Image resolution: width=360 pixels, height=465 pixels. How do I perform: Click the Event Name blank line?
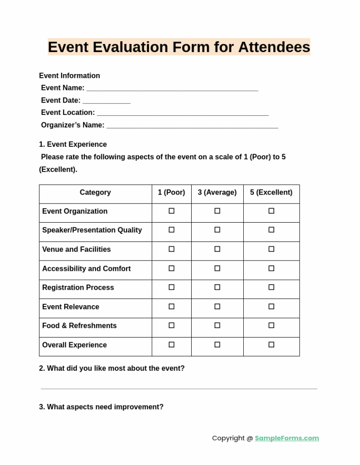point(172,89)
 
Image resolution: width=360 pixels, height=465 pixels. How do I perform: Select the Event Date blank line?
point(106,101)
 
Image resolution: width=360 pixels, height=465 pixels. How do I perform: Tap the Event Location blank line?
point(182,113)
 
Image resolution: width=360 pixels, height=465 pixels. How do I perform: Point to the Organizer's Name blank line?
point(192,126)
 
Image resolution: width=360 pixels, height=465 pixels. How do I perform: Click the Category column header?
point(95,193)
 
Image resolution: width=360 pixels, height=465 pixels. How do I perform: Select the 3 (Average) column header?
point(217,193)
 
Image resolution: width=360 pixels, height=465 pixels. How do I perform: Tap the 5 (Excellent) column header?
point(271,193)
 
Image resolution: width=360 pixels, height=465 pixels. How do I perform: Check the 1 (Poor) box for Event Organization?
point(172,211)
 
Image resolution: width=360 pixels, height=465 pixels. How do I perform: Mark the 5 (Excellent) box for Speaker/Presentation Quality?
point(271,230)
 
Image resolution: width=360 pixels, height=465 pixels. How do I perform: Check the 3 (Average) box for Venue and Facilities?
point(217,249)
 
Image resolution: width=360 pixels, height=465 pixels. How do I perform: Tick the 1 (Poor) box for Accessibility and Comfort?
point(172,268)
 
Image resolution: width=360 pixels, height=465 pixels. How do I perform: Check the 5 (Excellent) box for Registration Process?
point(271,287)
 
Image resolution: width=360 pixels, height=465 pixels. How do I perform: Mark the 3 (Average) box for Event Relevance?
point(217,306)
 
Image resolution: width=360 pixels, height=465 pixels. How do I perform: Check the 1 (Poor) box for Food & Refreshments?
point(172,325)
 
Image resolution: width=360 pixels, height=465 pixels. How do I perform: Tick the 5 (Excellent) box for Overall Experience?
point(271,345)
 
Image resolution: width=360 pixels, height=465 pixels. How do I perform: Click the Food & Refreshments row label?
point(79,326)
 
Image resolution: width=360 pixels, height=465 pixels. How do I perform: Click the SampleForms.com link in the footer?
point(286,438)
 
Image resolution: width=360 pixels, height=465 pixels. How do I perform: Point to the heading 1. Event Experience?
point(73,144)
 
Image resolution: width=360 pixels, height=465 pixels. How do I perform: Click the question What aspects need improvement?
point(101,407)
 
